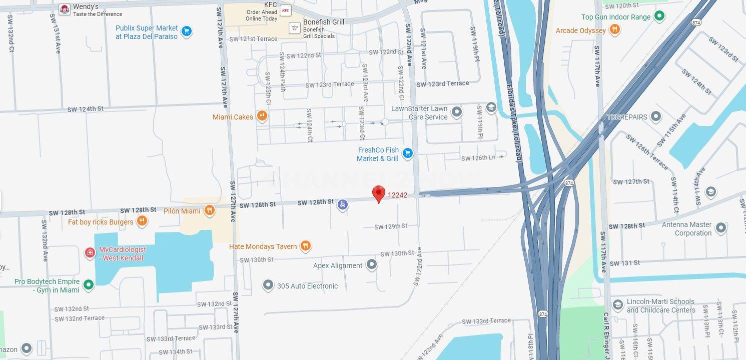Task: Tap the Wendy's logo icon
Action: pos(65,9)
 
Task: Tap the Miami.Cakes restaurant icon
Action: pos(262,116)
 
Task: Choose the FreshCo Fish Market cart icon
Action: pos(408,153)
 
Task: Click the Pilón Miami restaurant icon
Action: pos(210,210)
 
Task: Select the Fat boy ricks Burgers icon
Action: pos(142,221)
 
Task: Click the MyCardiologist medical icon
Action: pos(90,253)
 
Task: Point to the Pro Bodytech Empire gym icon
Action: pos(89,285)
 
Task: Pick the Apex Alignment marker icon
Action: pos(372,264)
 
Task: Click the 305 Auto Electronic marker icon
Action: pos(268,285)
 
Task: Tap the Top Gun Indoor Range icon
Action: pos(659,16)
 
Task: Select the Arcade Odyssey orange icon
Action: pos(615,30)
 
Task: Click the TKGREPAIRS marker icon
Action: pos(656,116)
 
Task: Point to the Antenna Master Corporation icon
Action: pos(720,228)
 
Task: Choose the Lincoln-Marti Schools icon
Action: pos(618,305)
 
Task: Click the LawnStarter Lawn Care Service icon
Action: pos(456,112)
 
